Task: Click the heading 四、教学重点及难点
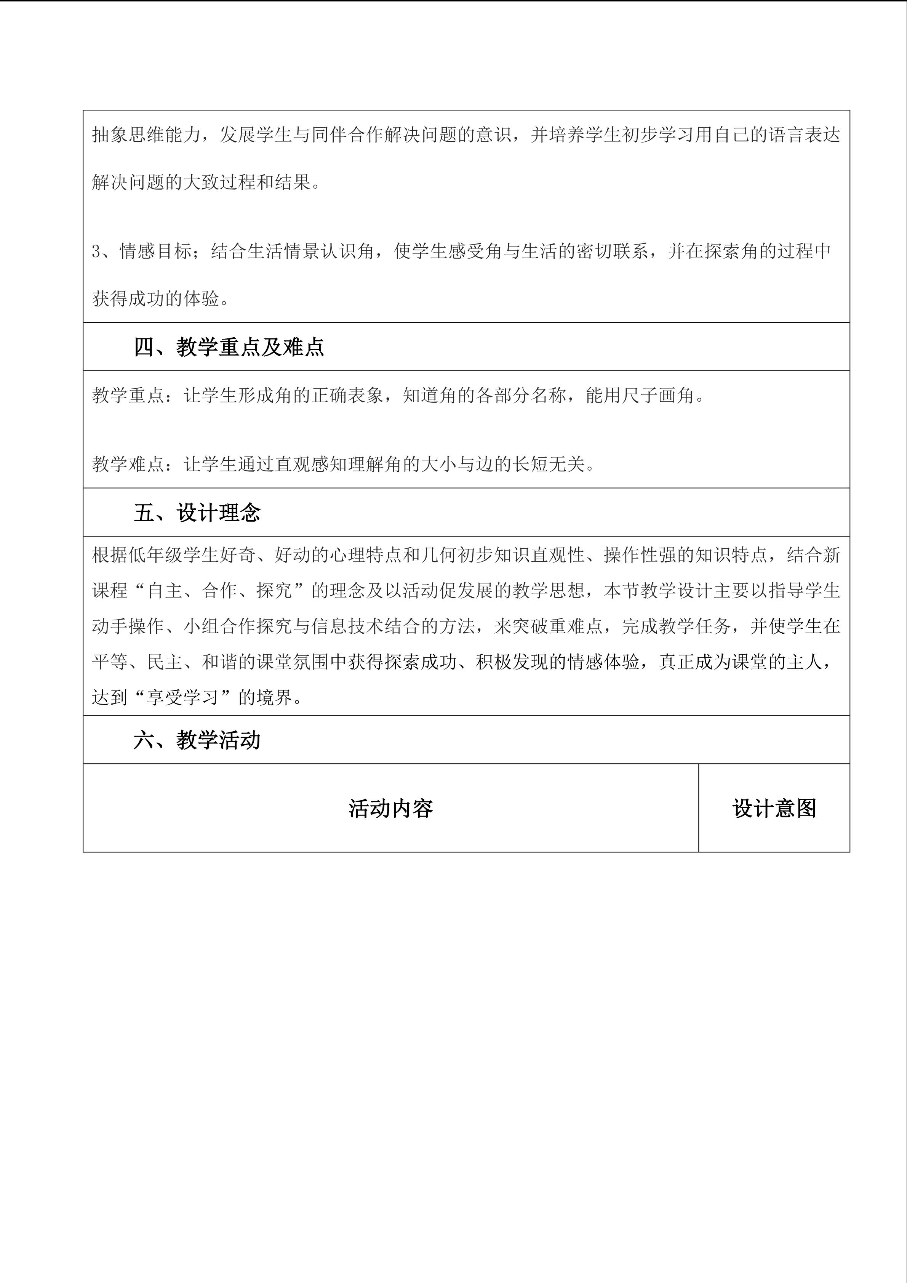pos(229,347)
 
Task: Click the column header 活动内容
pos(390,809)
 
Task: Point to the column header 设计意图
pos(774,809)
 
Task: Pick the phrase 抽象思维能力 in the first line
pos(146,135)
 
